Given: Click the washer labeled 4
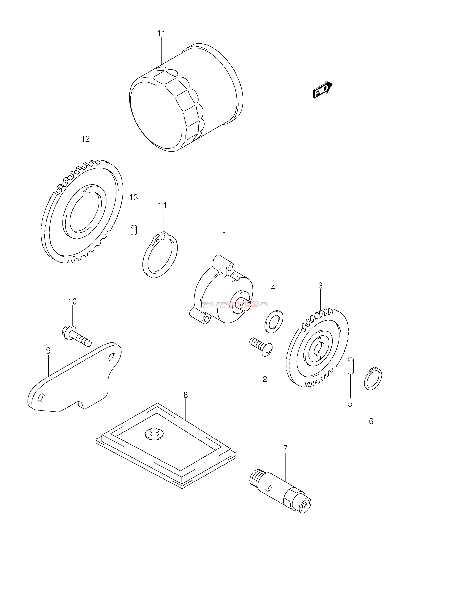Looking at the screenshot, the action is click(274, 321).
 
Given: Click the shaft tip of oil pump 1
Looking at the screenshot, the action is click(247, 306).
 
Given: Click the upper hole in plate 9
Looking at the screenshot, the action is click(111, 357).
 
